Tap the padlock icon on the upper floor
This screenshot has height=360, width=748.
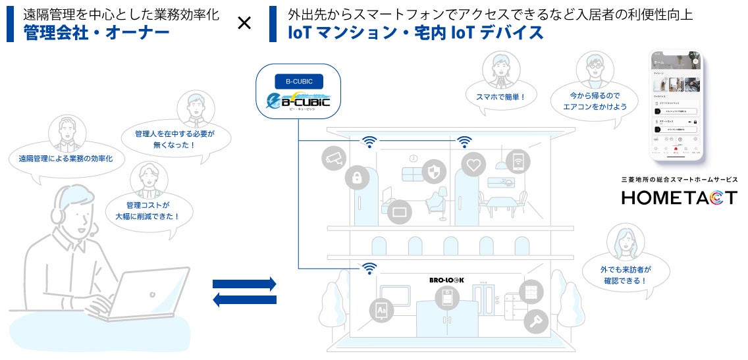coord(358,176)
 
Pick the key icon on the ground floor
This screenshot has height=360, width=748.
coord(535,321)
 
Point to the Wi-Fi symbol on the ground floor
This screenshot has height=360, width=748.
coord(369,268)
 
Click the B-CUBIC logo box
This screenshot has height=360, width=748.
coord(299,94)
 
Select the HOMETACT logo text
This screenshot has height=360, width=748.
coord(680,197)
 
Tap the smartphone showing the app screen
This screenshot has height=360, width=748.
coord(676,105)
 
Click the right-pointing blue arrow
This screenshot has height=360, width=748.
coord(244,284)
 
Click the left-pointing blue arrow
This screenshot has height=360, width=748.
coord(244,300)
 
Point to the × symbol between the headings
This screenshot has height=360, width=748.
coord(244,24)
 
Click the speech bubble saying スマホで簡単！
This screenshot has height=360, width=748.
coord(500,97)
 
